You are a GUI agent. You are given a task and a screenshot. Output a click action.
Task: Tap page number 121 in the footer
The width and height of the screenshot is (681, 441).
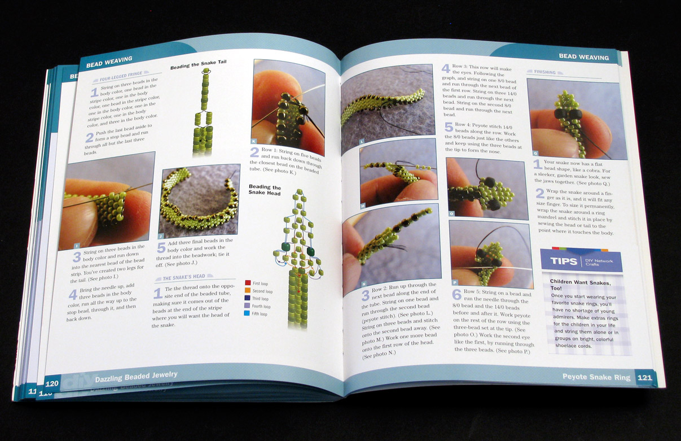point(644,377)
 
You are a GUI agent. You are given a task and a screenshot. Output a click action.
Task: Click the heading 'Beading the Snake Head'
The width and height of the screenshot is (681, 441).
point(265,190)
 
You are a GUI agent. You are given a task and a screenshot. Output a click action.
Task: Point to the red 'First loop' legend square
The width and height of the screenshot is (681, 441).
point(248,283)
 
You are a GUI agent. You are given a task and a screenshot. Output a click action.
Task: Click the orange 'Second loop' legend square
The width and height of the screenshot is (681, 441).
point(248,291)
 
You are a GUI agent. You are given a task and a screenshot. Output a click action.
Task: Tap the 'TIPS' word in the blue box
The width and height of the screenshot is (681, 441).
point(564,261)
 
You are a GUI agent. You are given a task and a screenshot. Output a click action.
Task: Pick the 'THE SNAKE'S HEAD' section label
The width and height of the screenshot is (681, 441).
point(184,278)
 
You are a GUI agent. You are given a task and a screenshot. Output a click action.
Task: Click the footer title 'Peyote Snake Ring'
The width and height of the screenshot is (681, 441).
point(596,377)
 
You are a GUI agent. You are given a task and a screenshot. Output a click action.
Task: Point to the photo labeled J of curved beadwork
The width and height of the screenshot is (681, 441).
point(199,200)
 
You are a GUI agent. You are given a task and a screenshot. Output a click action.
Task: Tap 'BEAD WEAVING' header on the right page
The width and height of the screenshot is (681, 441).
point(583,57)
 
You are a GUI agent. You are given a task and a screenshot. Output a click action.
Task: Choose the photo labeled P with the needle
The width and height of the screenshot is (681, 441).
point(490,252)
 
